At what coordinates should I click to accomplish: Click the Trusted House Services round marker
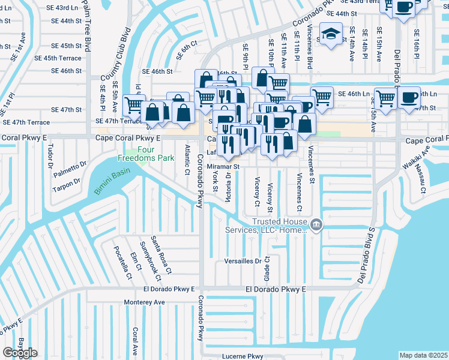pos(316,225)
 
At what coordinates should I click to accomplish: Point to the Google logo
pos(20,353)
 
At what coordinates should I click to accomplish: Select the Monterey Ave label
pos(145,302)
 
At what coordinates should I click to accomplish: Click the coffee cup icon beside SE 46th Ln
pos(409,97)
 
